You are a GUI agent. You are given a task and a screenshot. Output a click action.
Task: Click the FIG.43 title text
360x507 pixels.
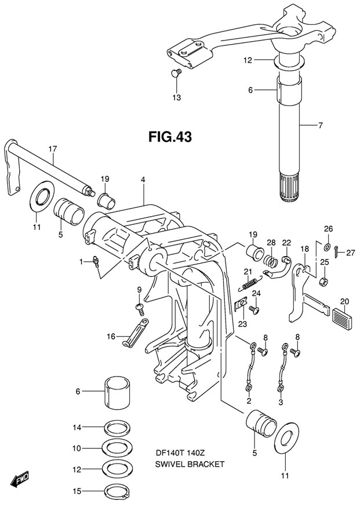point(170,137)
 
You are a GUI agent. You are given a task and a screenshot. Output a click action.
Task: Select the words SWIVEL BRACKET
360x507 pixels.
point(190,464)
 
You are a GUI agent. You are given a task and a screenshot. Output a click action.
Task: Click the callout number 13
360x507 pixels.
point(177,97)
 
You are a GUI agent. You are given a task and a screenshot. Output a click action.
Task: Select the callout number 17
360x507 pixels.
point(53,149)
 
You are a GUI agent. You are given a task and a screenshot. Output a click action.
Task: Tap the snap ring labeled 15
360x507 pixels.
point(118,491)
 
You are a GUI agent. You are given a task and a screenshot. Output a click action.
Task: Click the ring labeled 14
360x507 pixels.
point(118,428)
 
